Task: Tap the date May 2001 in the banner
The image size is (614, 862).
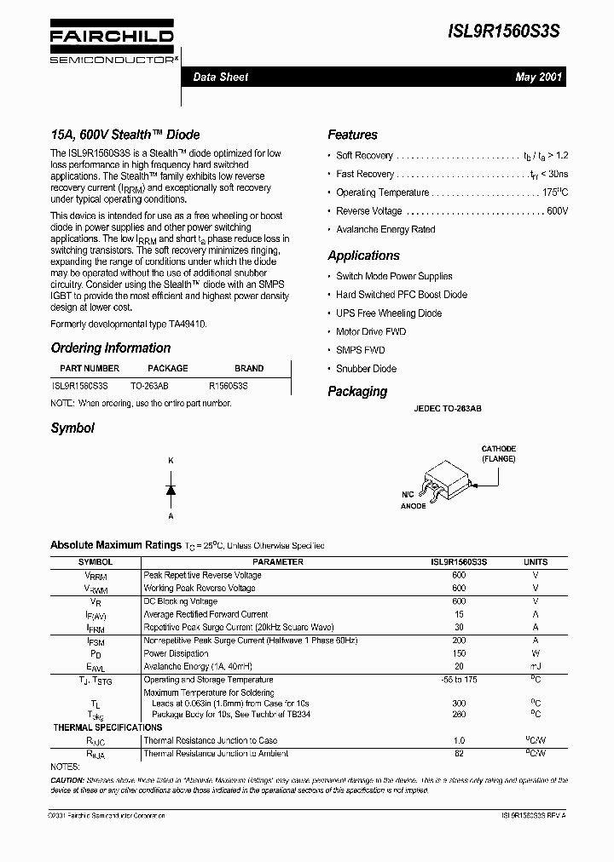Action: (x=538, y=78)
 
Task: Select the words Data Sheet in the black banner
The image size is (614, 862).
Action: (x=220, y=78)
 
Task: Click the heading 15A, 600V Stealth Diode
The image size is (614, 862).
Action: (x=125, y=135)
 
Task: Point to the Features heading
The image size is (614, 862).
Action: (x=352, y=135)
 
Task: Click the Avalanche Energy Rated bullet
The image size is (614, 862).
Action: (x=385, y=229)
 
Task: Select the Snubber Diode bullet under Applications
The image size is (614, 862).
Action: (x=366, y=369)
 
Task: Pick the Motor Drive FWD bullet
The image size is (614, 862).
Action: (x=371, y=331)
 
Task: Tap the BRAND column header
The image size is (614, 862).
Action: (x=249, y=368)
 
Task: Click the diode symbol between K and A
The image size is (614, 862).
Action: (x=171, y=489)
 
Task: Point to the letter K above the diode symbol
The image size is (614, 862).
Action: (x=171, y=461)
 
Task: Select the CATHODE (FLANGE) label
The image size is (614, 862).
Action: (x=498, y=453)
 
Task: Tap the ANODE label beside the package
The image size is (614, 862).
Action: (x=413, y=506)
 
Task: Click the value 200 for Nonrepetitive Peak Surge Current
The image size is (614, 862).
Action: (x=459, y=640)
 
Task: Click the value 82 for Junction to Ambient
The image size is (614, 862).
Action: (x=459, y=754)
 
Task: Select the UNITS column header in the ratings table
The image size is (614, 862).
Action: (x=536, y=562)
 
